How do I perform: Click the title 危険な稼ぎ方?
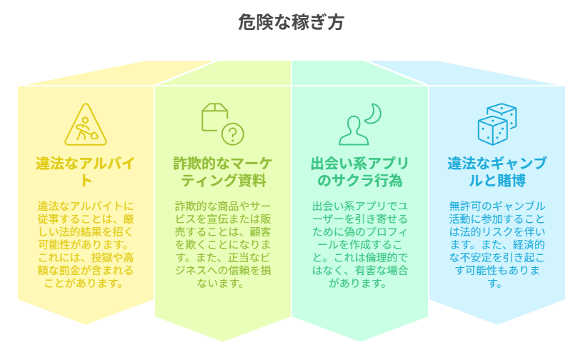tap(291, 23)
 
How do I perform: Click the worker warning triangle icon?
tap(86, 125)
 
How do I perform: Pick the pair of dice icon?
tap(497, 124)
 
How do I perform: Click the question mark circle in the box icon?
tap(233, 134)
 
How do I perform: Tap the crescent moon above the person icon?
tap(374, 113)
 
